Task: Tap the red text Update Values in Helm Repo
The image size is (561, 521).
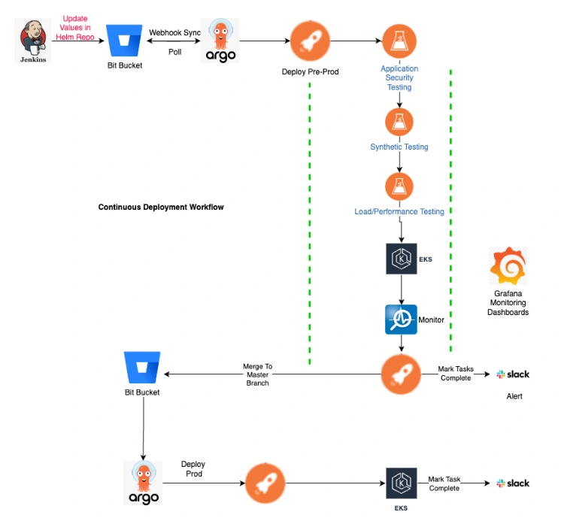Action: click(x=74, y=27)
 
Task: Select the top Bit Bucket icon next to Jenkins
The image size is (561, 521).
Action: click(x=126, y=41)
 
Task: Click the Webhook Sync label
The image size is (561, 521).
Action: click(x=174, y=33)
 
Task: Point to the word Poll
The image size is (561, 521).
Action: click(x=174, y=51)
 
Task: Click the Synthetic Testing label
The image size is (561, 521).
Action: click(x=399, y=147)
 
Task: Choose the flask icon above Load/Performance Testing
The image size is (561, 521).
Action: click(x=399, y=187)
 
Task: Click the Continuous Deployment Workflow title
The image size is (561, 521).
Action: click(x=161, y=207)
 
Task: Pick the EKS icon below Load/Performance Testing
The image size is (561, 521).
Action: click(x=399, y=258)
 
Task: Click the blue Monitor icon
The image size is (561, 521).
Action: click(x=399, y=320)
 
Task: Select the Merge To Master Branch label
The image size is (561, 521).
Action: click(x=257, y=374)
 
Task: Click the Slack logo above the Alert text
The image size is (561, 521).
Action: click(x=513, y=374)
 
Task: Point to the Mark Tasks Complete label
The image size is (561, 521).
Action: click(x=456, y=374)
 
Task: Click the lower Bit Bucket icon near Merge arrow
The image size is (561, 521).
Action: click(x=142, y=368)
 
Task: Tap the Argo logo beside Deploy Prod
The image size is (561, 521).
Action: click(x=143, y=482)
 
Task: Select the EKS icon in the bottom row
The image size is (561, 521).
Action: click(x=401, y=483)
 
